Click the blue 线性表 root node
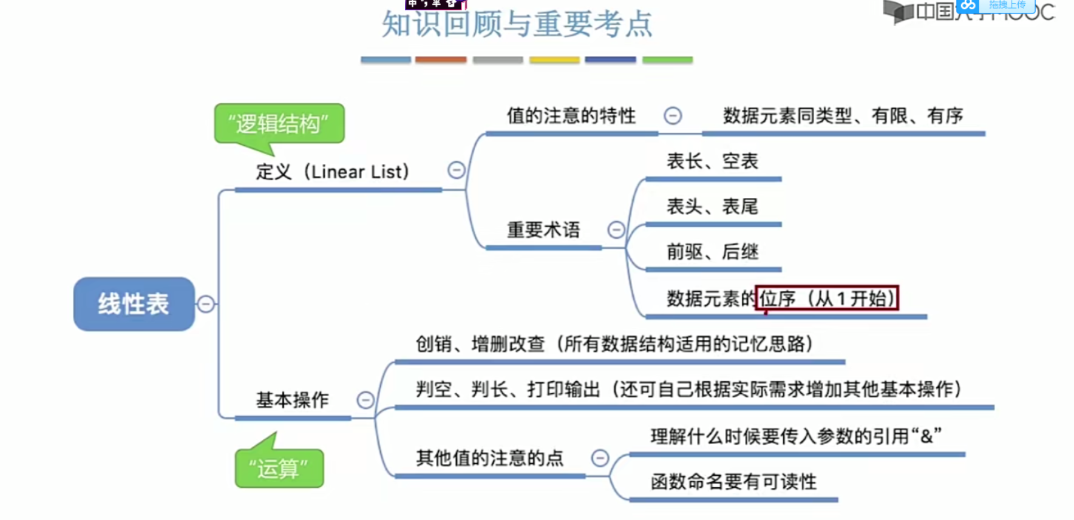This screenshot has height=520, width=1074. pos(134,304)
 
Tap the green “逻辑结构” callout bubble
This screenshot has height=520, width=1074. pos(279,124)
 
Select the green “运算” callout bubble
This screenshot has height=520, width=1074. pos(279,468)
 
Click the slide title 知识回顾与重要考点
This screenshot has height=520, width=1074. pos(517,24)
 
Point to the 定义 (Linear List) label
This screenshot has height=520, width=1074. pos(332,172)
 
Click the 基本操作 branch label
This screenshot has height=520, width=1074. pos(293,400)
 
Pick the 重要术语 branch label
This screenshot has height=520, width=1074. pos(543,230)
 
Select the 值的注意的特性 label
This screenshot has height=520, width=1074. pos(571,115)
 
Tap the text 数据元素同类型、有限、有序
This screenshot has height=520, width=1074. pos(843,115)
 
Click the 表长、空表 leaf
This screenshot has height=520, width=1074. pos(712,161)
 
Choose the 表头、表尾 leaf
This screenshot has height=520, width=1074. pos(712,207)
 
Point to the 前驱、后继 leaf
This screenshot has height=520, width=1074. pos(712,252)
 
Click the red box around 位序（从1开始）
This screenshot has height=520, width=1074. pos(827,298)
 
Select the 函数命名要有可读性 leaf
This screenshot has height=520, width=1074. pos(733,482)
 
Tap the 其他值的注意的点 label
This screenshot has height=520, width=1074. pos(490,458)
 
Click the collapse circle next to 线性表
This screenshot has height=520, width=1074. pos(206,304)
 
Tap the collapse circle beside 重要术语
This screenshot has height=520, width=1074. pos(616,230)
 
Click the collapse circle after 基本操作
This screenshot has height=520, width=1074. pos(365,400)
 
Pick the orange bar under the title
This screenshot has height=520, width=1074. pos(441,60)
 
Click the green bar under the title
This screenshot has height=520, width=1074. pos(667,60)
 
